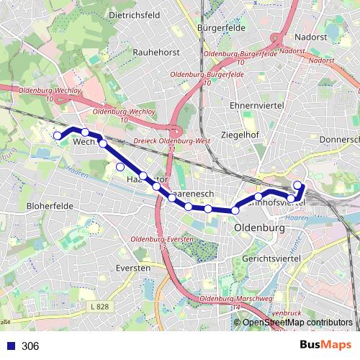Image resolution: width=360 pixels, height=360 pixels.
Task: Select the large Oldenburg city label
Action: (x=259, y=228)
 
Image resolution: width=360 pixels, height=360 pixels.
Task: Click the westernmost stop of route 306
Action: (x=58, y=135)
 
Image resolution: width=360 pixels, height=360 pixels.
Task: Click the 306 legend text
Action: (x=30, y=346)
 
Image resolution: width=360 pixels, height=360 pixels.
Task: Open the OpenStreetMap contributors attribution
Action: (x=297, y=323)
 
